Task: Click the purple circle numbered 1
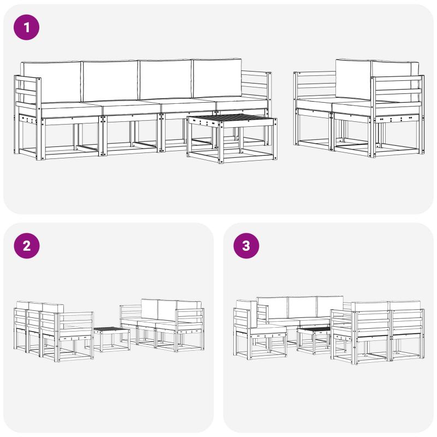click(x=26, y=27)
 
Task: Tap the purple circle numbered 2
click(x=26, y=246)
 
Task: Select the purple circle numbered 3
click(x=246, y=246)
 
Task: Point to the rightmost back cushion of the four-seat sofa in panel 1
click(x=217, y=79)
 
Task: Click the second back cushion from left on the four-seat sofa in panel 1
click(x=110, y=81)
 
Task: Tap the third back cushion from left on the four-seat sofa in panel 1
click(x=166, y=79)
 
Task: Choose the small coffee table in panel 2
click(x=111, y=339)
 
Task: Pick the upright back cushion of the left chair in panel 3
click(x=253, y=314)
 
